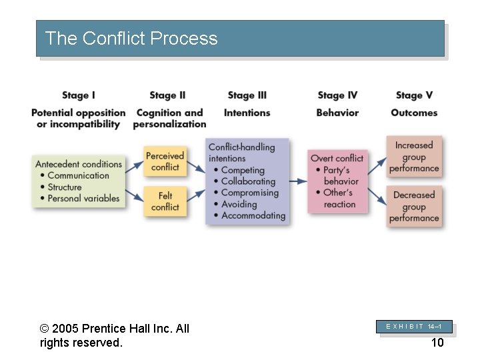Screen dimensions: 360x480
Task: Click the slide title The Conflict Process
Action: point(131,39)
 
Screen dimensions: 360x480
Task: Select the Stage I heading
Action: point(79,95)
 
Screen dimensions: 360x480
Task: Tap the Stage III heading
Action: point(247,95)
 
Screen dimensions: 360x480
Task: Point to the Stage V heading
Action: point(414,95)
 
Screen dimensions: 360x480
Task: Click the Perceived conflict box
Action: point(165,161)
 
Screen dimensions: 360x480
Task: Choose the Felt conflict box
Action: point(165,201)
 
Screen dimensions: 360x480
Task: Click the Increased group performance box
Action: point(414,157)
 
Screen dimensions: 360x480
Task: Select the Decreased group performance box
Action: point(414,207)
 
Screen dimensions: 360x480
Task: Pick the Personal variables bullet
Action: point(83,198)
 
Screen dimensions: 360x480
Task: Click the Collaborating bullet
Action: point(248,181)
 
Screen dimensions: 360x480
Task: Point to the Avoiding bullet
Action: point(239,204)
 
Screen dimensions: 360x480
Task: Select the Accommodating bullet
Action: point(253,215)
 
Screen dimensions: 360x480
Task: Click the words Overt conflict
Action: point(337,158)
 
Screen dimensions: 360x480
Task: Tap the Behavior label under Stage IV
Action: point(337,113)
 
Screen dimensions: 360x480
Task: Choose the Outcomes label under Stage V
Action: point(414,113)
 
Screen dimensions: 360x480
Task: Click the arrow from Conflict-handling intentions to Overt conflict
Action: point(297,181)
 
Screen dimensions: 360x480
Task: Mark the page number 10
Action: point(437,343)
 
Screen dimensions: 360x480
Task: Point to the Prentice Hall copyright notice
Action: point(115,335)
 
